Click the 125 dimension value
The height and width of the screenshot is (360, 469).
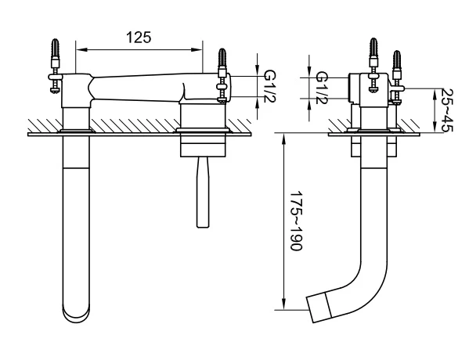pos(139,38)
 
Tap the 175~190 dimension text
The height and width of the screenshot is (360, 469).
pos(297,221)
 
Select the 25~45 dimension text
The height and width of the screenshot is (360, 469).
pos(448,110)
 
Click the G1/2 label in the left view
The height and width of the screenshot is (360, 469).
pos(269,87)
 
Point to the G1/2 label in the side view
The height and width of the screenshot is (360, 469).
pos(322,88)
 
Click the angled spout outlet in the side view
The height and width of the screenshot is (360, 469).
pos(319,308)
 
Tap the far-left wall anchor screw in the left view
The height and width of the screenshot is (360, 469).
pos(55,67)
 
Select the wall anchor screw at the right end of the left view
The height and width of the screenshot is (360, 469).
pos(222,76)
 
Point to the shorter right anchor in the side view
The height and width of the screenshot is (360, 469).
pos(397,77)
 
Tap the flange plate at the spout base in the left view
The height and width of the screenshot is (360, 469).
pos(76,131)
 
